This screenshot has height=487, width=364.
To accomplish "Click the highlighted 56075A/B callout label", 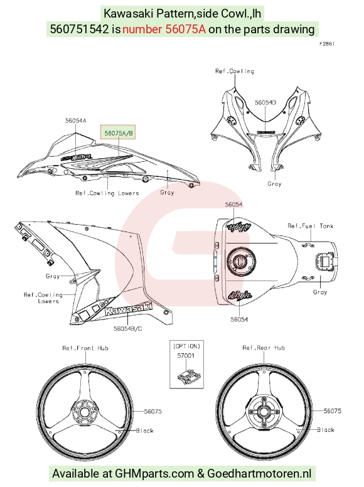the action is pos(118,133).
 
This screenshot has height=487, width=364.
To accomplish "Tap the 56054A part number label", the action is pos(75,120).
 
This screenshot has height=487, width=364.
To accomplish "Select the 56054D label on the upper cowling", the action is pos(265,102).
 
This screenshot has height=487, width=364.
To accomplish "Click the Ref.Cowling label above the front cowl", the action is pos(235,71).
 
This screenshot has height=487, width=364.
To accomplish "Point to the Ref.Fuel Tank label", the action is pos(310,226).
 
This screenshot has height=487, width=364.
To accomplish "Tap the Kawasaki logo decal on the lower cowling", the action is pos(128,308).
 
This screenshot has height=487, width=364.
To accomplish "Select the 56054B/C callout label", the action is pos(127,328).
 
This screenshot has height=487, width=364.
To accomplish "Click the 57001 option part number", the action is pos(186,356).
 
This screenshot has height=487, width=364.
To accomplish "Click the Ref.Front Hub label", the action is pos(85,348).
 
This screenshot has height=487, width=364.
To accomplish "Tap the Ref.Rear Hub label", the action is pos(264,348).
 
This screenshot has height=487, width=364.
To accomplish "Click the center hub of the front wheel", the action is pos(83,412).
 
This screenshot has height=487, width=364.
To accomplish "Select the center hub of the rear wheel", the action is pos(264,412).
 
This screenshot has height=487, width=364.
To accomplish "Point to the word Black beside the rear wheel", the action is pos(326,429).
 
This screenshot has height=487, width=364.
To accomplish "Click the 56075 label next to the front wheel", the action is pos(153,411).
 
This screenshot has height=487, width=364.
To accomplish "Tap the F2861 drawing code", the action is pos(327,44).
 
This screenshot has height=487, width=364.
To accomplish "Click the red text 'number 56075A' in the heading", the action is pos(164,29).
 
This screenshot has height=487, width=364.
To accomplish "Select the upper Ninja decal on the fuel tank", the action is pos(238,227).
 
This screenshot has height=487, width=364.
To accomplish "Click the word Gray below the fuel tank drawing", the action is pos(320,292).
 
